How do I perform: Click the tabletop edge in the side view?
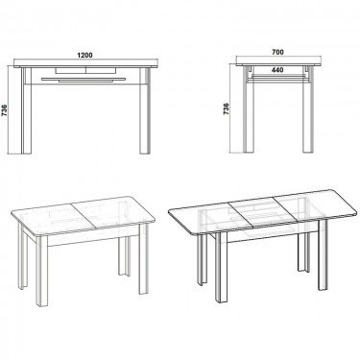279,67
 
